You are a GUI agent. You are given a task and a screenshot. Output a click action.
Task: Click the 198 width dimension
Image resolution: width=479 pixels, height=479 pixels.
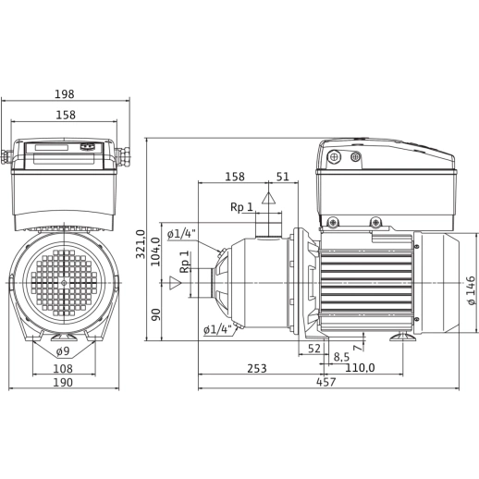coord(66,94)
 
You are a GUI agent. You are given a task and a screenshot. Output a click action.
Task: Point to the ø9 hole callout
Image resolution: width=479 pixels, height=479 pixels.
coord(64,350)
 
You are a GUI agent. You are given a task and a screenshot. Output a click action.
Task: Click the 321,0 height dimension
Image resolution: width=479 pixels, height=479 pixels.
coord(141,245)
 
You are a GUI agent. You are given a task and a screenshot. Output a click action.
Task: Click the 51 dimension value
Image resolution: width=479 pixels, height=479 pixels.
coord(283,177)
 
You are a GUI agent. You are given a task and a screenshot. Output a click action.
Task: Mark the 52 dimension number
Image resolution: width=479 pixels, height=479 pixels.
coord(313,349)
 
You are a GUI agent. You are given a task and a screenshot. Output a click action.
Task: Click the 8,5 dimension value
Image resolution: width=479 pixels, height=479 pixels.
coord(340,356)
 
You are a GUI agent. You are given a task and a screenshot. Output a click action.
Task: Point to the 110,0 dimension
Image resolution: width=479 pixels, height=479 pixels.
coord(360,368)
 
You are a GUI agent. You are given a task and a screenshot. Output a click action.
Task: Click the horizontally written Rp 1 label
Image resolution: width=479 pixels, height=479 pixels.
coord(243,207)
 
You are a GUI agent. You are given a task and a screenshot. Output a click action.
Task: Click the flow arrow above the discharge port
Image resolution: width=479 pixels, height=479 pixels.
coord(268,197)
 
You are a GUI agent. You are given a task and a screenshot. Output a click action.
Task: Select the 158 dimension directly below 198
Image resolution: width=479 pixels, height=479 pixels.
coord(66,117)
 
